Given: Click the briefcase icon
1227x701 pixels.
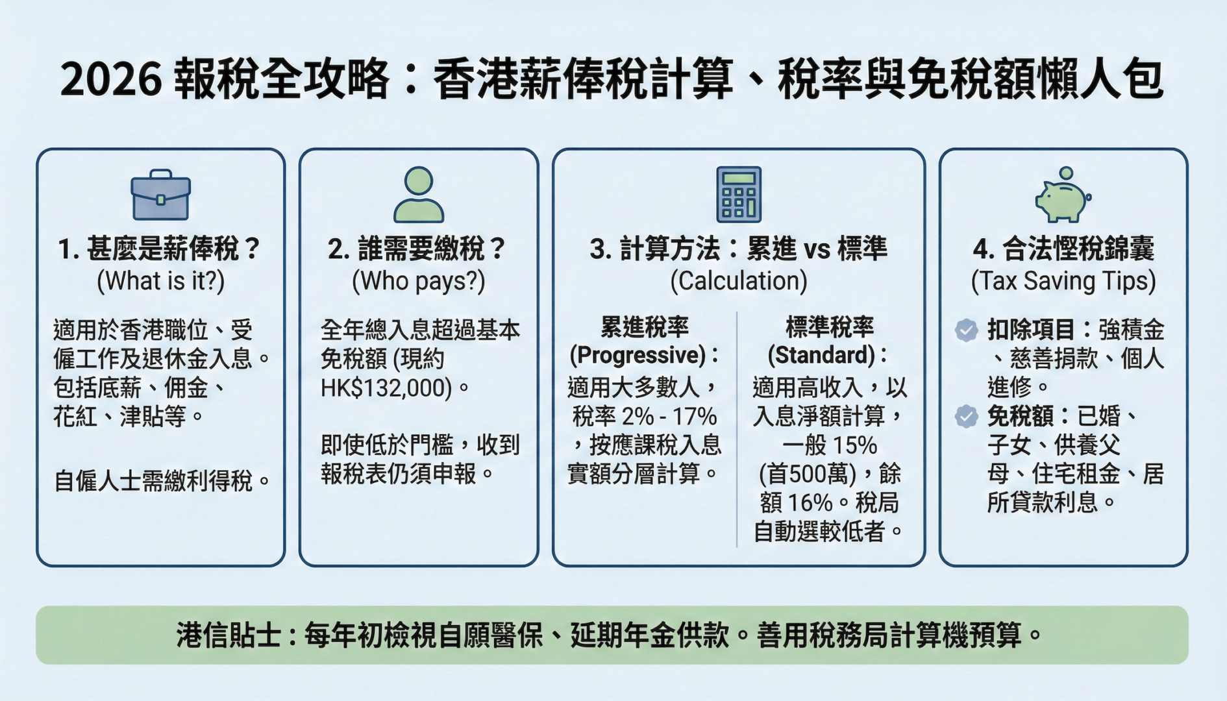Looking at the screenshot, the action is pyautogui.click(x=160, y=195).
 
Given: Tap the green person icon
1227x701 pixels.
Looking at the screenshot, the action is pyautogui.click(x=419, y=195).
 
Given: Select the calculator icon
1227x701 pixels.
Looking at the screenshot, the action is pyautogui.click(x=739, y=195).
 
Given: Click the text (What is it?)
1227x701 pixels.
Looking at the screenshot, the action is pyautogui.click(x=161, y=281).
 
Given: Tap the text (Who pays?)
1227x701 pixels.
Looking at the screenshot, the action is pyautogui.click(x=419, y=281).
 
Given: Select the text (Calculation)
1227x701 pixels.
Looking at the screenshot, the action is pyautogui.click(x=739, y=281).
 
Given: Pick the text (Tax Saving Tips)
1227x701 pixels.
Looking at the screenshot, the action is pyautogui.click(x=1063, y=281).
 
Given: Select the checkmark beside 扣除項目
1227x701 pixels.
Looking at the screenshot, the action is pyautogui.click(x=966, y=330).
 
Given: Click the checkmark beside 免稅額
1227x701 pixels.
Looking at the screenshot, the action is pyautogui.click(x=966, y=416).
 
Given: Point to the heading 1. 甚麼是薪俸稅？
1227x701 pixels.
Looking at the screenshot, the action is pyautogui.click(x=160, y=249).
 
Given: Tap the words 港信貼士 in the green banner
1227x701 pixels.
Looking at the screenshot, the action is pyautogui.click(x=228, y=635).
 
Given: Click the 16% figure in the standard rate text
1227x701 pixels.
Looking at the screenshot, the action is pyautogui.click(x=810, y=502).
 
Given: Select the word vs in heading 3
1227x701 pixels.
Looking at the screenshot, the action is pyautogui.click(x=817, y=250).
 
